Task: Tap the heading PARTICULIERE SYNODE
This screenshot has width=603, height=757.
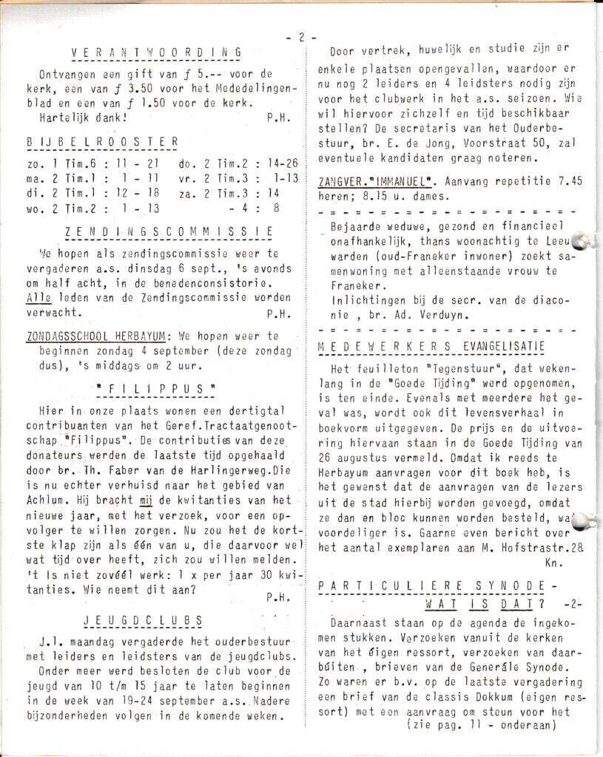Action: [x=437, y=585]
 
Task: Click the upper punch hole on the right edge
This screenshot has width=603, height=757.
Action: [x=585, y=239]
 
